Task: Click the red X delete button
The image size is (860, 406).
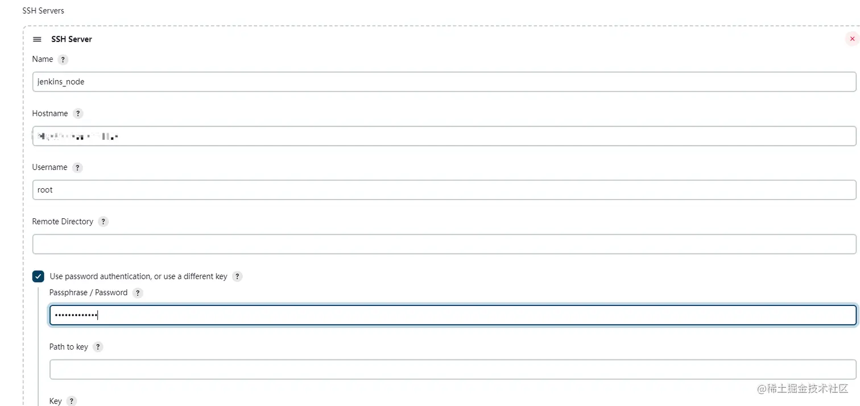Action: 851,39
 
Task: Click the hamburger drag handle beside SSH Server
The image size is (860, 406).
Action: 37,39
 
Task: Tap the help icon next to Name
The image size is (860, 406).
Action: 63,60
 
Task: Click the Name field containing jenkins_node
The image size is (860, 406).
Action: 444,82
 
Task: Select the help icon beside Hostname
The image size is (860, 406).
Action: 78,114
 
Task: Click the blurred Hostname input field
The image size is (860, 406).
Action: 444,136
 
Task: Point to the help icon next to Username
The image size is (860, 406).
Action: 77,168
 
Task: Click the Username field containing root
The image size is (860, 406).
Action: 444,190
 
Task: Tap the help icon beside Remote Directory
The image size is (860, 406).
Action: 103,222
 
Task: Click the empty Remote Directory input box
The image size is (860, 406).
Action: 444,244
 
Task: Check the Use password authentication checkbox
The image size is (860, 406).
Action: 38,276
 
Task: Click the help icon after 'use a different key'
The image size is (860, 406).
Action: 237,276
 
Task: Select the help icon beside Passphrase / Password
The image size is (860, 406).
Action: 137,293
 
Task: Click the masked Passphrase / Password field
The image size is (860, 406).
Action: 452,315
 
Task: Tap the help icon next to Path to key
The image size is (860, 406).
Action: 98,347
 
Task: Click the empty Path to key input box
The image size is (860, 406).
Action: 452,369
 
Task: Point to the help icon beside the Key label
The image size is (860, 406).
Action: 71,401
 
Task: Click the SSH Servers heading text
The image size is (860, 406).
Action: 43,11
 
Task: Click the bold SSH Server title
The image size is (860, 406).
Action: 72,39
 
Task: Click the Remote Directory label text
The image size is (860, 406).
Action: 63,221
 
